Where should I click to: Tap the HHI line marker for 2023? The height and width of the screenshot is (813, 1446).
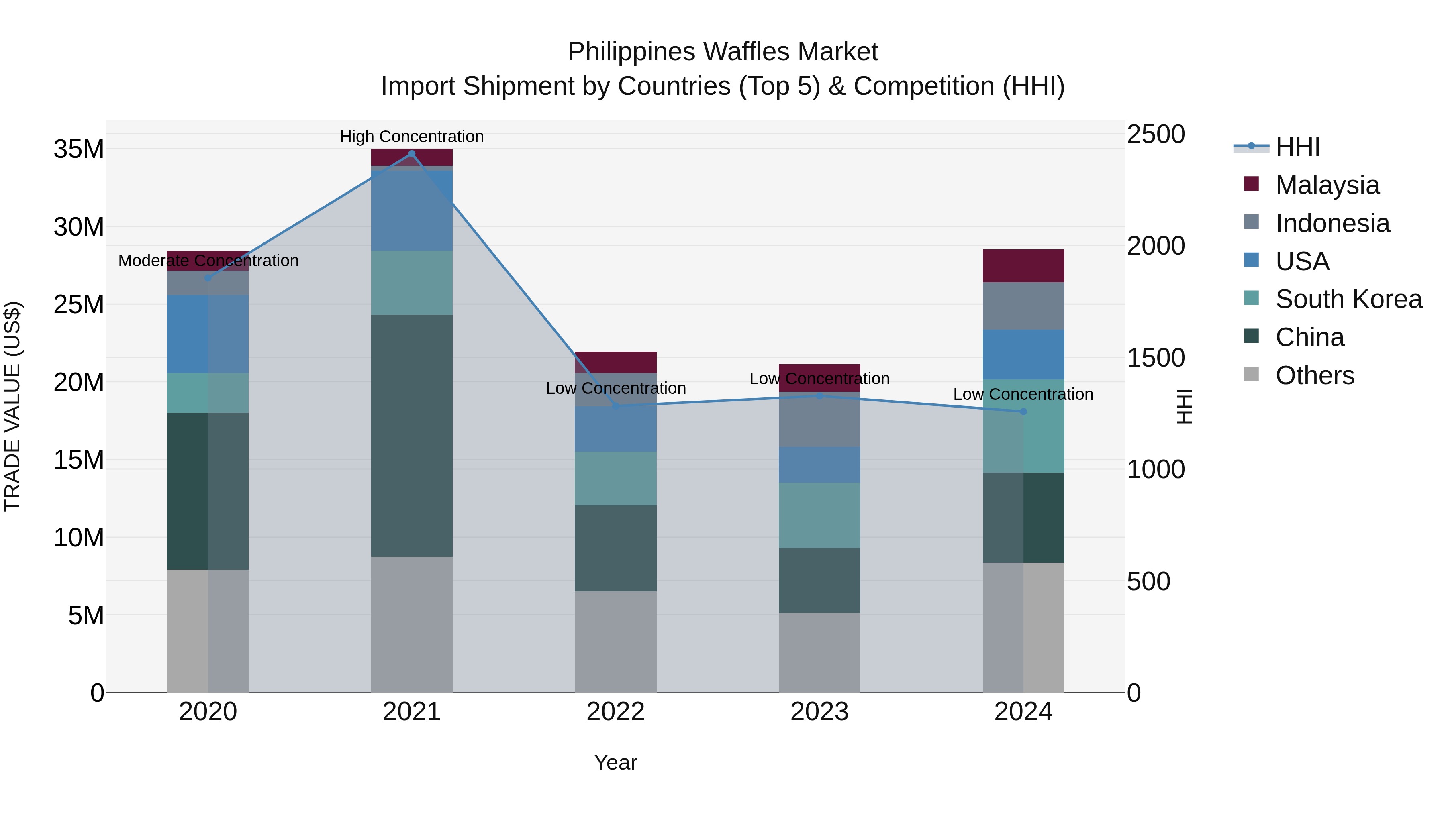pyautogui.click(x=819, y=396)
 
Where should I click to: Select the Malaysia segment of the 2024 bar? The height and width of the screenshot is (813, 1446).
pyautogui.click(x=1023, y=265)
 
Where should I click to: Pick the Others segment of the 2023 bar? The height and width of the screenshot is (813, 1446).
pyautogui.click(x=819, y=652)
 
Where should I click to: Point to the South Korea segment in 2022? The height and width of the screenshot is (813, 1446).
pyautogui.click(x=615, y=479)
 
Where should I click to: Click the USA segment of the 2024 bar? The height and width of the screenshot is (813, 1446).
pyautogui.click(x=1023, y=354)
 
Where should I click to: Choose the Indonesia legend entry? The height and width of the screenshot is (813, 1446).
pyautogui.click(x=1332, y=223)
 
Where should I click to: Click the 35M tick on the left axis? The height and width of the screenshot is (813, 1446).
pyautogui.click(x=79, y=149)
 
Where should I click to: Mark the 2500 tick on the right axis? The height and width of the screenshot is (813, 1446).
pyautogui.click(x=1156, y=134)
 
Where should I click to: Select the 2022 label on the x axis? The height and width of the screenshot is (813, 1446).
pyautogui.click(x=615, y=712)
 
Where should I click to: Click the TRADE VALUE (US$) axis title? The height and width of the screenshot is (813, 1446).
pyautogui.click(x=12, y=406)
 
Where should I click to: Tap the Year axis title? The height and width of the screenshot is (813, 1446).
pyautogui.click(x=615, y=762)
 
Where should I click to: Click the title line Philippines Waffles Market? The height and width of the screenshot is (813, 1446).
pyautogui.click(x=723, y=52)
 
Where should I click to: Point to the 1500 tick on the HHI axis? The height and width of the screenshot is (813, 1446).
pyautogui.click(x=1156, y=357)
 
